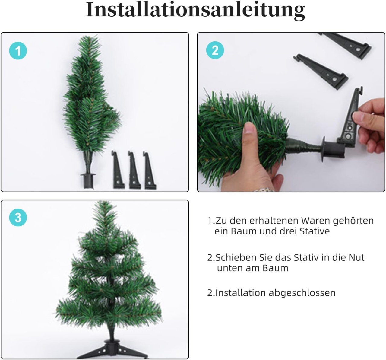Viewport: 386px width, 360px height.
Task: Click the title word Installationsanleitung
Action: click(x=195, y=11)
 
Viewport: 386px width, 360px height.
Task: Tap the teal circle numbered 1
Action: click(x=18, y=51)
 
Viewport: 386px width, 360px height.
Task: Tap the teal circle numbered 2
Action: click(x=215, y=50)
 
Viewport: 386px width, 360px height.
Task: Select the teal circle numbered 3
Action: click(x=18, y=218)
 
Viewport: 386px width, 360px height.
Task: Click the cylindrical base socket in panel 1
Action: click(x=88, y=180)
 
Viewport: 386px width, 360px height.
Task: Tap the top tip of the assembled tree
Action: click(x=104, y=202)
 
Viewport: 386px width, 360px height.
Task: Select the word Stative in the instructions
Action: click(x=315, y=231)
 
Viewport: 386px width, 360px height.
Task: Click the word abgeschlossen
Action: click(x=302, y=293)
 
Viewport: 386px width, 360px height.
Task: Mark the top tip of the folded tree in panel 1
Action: click(x=88, y=36)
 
